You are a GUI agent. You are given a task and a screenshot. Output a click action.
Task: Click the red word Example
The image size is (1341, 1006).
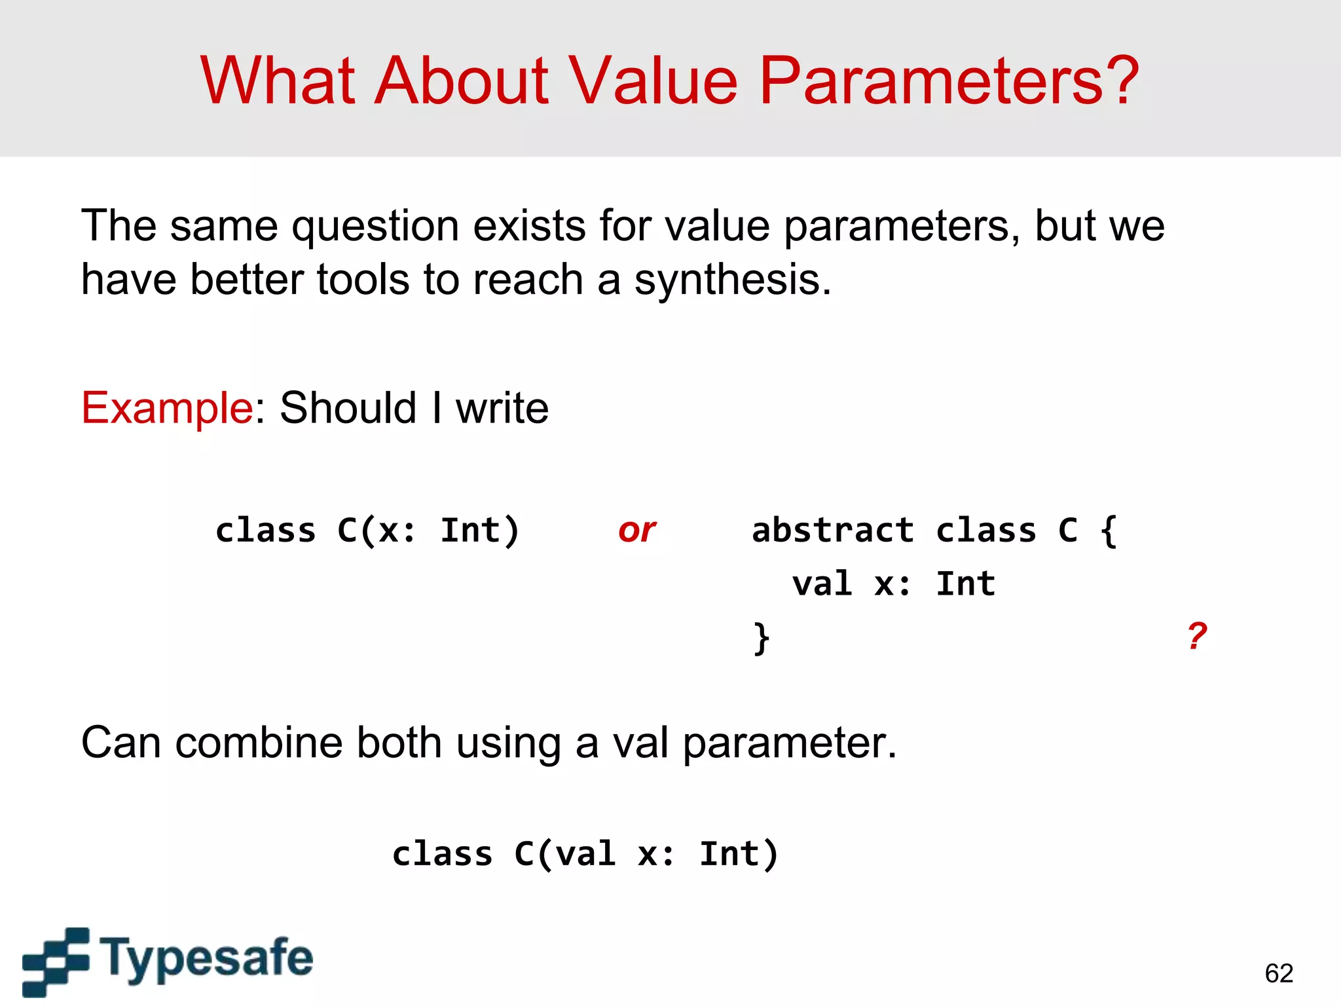point(167,408)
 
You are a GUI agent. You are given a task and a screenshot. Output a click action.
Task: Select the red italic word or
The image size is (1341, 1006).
point(636,530)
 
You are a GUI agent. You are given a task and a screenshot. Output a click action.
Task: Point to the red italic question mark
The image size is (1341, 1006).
point(1197,635)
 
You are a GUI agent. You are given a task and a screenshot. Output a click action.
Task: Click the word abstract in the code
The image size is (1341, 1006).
point(832,530)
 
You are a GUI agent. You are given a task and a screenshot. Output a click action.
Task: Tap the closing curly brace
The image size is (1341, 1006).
point(761,638)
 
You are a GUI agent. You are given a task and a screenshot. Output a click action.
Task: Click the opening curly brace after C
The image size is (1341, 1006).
point(1109,530)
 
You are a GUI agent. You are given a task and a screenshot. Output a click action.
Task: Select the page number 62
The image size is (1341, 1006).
point(1279,973)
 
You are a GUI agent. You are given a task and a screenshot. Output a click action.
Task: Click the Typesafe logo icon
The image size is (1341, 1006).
point(56,961)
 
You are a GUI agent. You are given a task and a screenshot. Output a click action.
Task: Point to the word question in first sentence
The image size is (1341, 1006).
point(375,226)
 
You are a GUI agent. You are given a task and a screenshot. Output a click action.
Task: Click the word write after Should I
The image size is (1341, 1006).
point(502,408)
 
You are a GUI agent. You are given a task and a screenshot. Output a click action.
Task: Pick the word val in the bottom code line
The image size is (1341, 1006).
point(585,854)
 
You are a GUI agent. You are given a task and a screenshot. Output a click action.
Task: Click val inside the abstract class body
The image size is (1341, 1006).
point(822,584)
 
